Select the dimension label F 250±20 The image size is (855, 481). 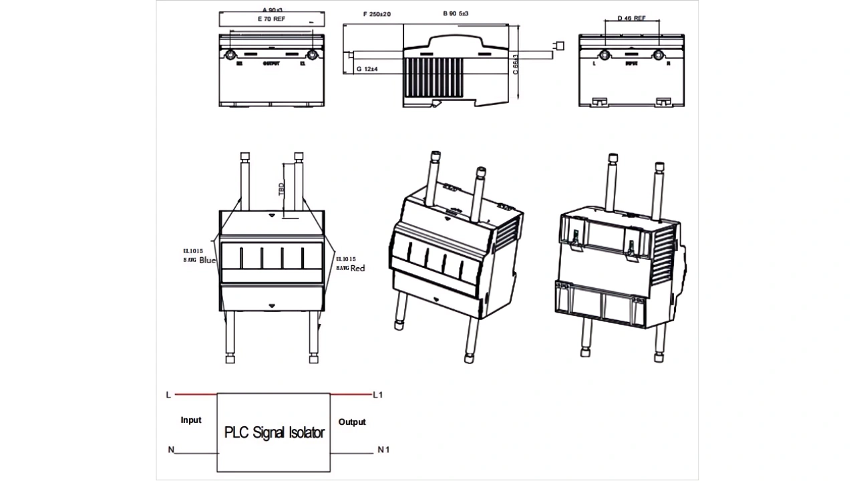(x=377, y=14)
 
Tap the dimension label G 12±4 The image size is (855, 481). (x=368, y=69)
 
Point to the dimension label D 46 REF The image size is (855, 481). (x=631, y=18)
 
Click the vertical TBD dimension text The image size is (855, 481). (x=281, y=189)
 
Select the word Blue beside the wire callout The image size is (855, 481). (x=208, y=261)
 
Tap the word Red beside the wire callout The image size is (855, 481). (x=358, y=268)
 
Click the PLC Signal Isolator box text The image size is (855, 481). (x=274, y=432)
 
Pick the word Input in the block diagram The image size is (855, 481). (x=191, y=420)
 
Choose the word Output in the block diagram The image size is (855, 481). (x=352, y=422)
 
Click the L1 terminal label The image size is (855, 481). (x=378, y=395)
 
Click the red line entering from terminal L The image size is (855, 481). (x=196, y=395)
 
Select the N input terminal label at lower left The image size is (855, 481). (x=171, y=450)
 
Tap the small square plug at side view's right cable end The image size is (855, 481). (x=560, y=45)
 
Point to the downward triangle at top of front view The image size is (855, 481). (x=271, y=216)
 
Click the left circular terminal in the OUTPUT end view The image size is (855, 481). (x=231, y=54)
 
